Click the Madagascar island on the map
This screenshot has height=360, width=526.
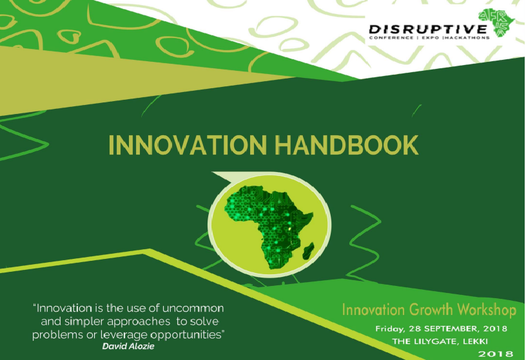pyautogui.click(x=311, y=247)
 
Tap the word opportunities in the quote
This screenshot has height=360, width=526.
pyautogui.click(x=188, y=334)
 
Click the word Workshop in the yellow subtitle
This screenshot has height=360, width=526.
pyautogui.click(x=487, y=311)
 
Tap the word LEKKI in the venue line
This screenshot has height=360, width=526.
pyautogui.click(x=492, y=341)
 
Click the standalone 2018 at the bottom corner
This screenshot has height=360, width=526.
pyautogui.click(x=495, y=354)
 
